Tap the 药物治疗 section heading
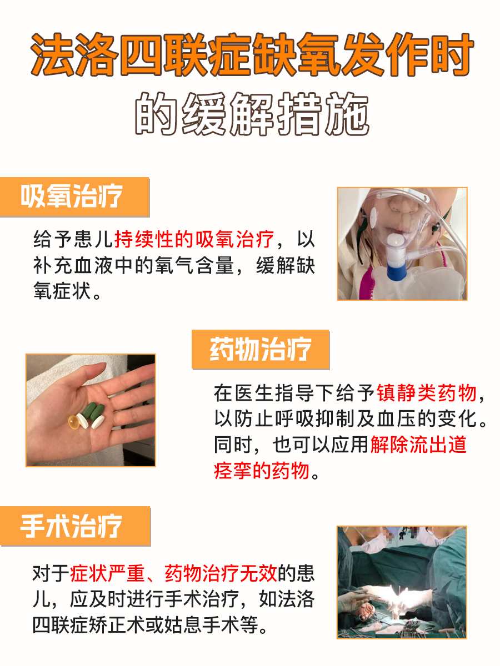pos(261,350)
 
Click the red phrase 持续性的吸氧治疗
pos(194,240)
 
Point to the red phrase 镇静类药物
pos(427,393)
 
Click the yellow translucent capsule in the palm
pos(75,422)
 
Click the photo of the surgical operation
pos(402,582)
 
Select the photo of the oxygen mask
pos(402,244)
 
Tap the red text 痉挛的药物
pos(261,471)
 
